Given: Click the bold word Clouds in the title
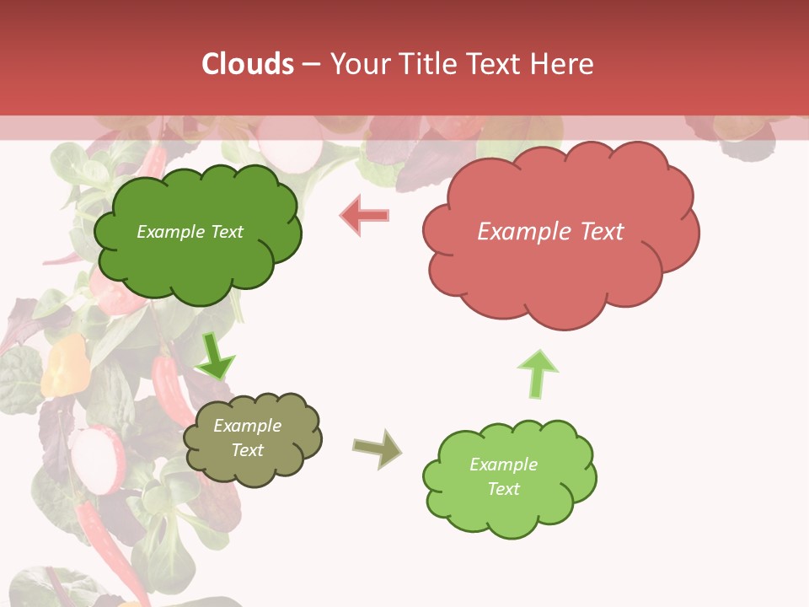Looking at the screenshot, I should [x=248, y=64].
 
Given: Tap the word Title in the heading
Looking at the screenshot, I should [x=426, y=64].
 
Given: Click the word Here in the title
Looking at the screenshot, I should [x=561, y=64].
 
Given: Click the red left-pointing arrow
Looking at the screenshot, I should [x=365, y=215].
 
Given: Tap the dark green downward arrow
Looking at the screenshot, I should [x=215, y=356].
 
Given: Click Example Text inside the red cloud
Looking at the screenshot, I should [x=550, y=232].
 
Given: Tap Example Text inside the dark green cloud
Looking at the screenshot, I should [x=190, y=232].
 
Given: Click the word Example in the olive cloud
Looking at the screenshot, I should [x=247, y=426].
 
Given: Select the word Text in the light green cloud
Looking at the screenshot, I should [x=503, y=489].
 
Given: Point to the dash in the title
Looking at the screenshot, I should [x=311, y=64].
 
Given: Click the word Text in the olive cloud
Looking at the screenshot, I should [x=247, y=450].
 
